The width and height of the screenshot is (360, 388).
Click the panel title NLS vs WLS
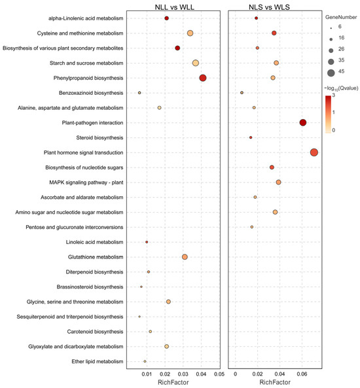coord(276,6)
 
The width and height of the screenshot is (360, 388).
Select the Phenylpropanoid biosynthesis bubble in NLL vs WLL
coord(203,78)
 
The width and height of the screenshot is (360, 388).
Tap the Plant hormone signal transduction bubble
coord(314,152)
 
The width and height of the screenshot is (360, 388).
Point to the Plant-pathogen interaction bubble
coord(302,122)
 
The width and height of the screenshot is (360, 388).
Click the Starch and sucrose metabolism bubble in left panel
coord(196,63)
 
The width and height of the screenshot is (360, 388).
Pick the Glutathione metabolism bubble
coord(185,257)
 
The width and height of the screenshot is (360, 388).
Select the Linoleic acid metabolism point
coord(147,242)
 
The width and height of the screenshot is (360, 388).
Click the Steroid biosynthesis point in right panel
coord(251,137)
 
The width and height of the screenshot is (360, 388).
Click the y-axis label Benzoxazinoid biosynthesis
coord(84,93)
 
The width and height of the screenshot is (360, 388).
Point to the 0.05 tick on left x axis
coord(219,374)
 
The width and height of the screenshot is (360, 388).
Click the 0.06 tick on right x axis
coord(302,374)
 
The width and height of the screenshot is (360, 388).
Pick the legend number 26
coord(347,50)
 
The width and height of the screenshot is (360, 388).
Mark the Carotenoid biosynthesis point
coord(150,331)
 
